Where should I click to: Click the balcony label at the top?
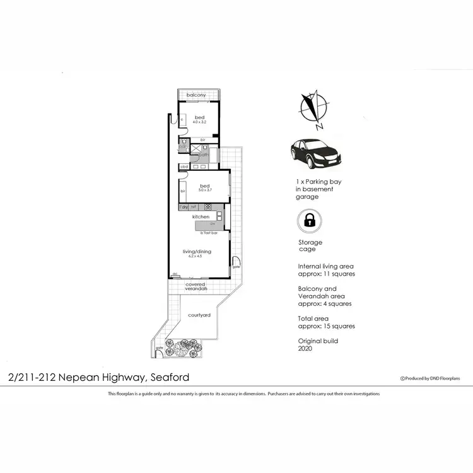(196, 95)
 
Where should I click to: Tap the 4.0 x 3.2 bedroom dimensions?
(199, 122)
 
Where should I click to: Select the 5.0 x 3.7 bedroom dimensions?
(204, 190)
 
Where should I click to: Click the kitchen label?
(201, 216)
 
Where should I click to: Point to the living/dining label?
(197, 252)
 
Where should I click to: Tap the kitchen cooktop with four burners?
(207, 207)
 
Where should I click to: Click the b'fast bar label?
(209, 233)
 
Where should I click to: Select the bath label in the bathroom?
(204, 154)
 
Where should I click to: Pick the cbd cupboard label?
(184, 166)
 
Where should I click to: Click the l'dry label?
(184, 207)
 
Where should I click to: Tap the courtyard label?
(199, 315)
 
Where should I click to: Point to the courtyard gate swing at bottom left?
(159, 351)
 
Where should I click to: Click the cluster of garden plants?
(187, 346)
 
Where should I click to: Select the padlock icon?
(310, 221)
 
